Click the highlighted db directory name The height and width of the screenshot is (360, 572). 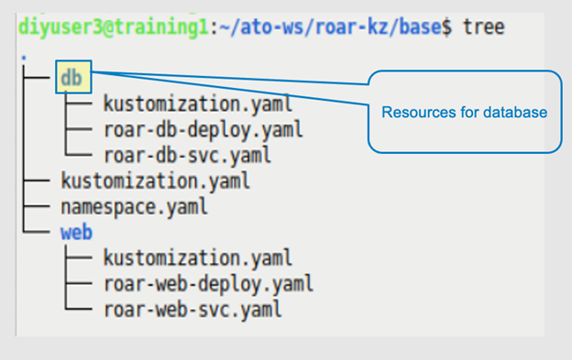(71, 78)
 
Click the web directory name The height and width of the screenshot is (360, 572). (76, 232)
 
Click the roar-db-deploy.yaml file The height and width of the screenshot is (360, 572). (203, 129)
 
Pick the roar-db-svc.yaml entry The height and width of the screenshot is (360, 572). (186, 155)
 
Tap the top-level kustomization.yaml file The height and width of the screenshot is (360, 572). (154, 180)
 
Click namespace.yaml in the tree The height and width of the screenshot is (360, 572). (133, 206)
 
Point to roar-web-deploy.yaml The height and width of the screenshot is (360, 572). (208, 283)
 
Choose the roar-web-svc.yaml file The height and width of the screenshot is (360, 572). (192, 309)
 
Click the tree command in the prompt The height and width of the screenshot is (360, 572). (482, 27)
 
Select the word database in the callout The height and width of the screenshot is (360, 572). (519, 113)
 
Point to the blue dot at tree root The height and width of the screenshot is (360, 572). (22, 58)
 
